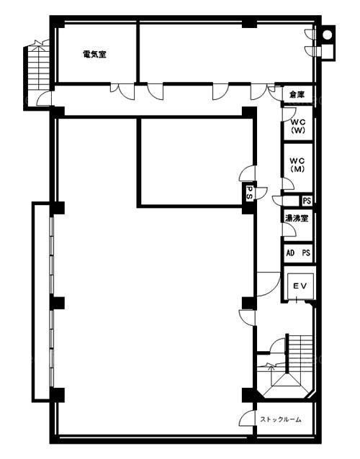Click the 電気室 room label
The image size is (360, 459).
94,54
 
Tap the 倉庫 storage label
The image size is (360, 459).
297,94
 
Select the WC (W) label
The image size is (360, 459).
298,126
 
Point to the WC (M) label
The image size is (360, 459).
297,165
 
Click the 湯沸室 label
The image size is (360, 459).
297,218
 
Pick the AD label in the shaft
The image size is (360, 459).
290,253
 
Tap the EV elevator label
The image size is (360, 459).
301,286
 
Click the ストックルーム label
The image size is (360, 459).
281,419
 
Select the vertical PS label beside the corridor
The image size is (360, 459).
250,193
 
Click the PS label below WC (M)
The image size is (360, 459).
307,201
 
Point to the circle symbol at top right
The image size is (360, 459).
327,35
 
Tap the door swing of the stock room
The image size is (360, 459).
246,418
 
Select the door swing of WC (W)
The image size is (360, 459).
289,114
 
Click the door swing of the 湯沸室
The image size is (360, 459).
289,229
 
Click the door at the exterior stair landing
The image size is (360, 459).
44,99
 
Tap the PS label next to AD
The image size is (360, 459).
306,253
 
